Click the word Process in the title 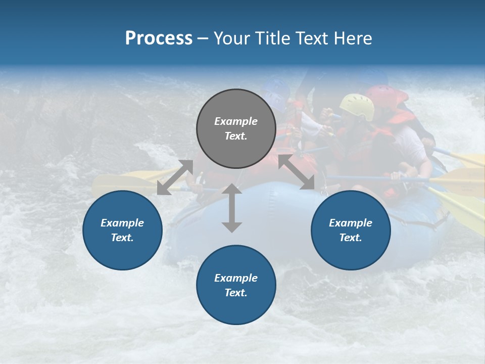pos(159,38)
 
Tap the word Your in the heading pos(233,38)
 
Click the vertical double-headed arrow pos(231,208)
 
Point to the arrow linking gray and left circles pos(175,177)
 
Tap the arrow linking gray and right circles pos(297,172)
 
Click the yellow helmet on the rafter pos(357,105)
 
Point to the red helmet pos(386,95)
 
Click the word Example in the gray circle pos(236,121)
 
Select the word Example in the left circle pos(122,223)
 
